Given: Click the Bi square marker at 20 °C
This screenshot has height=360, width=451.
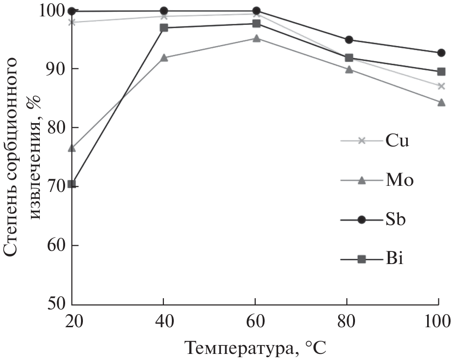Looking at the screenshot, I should tap(72, 184).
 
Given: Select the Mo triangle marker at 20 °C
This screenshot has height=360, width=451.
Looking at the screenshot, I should tap(72, 148).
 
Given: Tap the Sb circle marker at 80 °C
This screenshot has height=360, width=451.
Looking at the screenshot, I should tap(348, 40).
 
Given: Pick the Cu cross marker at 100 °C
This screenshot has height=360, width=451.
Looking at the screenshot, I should tap(441, 86).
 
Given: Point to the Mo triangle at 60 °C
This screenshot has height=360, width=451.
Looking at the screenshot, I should tap(256, 38).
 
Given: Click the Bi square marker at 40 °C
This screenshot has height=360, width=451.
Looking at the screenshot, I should tap(164, 28).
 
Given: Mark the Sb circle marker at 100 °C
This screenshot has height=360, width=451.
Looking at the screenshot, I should tap(441, 52).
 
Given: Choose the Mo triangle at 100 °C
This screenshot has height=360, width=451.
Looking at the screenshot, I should tap(441, 102).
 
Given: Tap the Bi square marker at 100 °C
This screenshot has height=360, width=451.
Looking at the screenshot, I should tap(441, 72).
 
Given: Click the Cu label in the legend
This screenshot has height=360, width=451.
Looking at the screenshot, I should tap(398, 140).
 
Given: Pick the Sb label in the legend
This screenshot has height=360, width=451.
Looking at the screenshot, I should tap(396, 219).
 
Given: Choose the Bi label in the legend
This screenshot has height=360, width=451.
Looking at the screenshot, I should tap(395, 258).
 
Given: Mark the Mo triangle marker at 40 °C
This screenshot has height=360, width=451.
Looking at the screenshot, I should tap(164, 58).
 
